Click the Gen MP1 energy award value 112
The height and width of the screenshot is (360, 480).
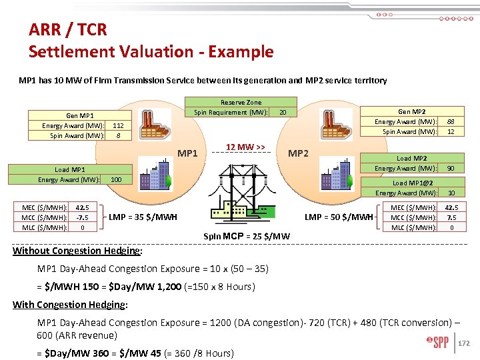[118, 125]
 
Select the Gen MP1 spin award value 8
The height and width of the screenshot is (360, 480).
[118, 135]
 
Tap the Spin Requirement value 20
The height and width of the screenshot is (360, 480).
[283, 113]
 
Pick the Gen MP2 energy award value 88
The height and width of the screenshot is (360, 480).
[451, 121]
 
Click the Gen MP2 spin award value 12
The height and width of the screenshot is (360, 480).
[451, 131]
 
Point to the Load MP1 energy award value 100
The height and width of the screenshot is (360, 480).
[116, 179]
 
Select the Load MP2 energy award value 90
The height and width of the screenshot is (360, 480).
[451, 168]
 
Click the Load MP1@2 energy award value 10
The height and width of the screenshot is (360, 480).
[451, 193]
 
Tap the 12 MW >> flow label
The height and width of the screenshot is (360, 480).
[245, 147]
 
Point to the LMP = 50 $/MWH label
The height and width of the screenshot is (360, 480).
[339, 217]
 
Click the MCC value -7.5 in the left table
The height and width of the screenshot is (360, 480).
[83, 217]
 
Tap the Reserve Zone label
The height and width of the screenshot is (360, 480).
[241, 103]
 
